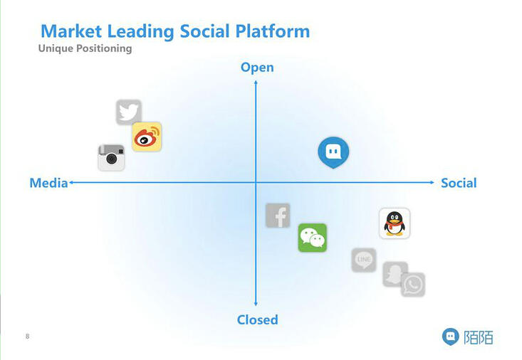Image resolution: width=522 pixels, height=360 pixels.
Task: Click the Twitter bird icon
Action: click(129, 112)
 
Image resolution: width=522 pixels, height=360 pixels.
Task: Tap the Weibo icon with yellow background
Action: click(147, 137)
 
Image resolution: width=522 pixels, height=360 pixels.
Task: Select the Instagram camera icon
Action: click(111, 157)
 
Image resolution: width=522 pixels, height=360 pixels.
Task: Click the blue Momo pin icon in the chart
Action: click(333, 152)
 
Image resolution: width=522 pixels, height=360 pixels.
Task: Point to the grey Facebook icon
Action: click(278, 215)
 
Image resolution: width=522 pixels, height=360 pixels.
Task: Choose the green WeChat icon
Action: click(312, 238)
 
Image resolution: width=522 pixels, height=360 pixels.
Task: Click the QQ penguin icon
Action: click(395, 223)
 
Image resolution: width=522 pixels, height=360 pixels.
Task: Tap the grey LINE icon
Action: click(364, 260)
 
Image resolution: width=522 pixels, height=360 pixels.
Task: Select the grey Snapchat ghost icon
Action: click(395, 274)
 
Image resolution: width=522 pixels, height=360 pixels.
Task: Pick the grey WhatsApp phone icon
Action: click(413, 285)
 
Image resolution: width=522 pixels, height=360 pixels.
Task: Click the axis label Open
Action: click(257, 68)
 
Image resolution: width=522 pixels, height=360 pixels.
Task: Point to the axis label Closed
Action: click(257, 319)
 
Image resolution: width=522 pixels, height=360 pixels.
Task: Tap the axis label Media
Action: click(48, 183)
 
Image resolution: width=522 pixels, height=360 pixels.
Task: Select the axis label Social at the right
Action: click(459, 183)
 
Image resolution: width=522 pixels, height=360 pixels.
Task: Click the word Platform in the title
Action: click(274, 31)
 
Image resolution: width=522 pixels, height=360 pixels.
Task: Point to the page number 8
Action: click(28, 336)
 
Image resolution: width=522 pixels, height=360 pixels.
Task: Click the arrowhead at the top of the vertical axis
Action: click(256, 83)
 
